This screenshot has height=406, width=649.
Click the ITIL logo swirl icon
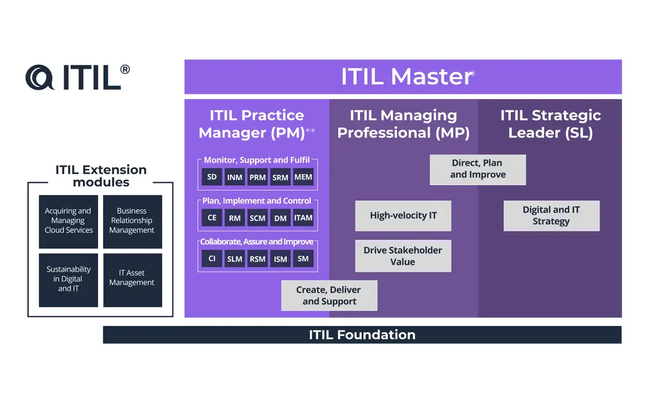coord(40,77)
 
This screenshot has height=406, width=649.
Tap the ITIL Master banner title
coord(406,77)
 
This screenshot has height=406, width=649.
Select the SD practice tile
coord(212,177)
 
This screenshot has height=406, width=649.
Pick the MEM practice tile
coord(303,177)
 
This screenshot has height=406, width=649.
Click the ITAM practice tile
coord(303,218)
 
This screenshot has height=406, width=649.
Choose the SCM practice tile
coord(257,218)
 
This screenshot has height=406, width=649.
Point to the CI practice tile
coord(212,259)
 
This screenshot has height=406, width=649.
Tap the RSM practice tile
coord(257,259)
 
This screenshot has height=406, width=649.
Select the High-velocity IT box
coord(403,216)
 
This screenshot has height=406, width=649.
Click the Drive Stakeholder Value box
coord(403,256)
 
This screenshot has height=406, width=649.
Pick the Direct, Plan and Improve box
coord(477,169)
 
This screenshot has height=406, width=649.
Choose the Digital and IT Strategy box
coord(551,216)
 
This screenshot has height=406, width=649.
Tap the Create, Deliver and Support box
coord(329,295)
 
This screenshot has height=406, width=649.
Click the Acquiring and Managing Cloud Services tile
coord(68,221)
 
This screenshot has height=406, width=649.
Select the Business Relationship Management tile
coord(132,221)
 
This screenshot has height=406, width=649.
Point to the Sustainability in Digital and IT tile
coord(68,279)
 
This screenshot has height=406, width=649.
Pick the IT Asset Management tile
coord(132,279)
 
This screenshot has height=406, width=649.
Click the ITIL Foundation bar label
coord(362,334)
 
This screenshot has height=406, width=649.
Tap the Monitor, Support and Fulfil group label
coord(257,160)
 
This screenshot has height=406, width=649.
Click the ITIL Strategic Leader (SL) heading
coord(550,124)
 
